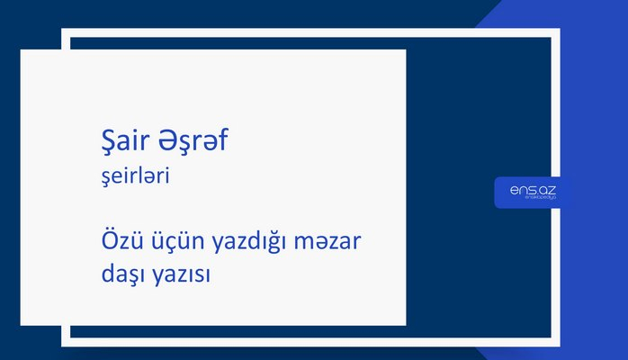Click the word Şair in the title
coord(123,142)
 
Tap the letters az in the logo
coord(547,191)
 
